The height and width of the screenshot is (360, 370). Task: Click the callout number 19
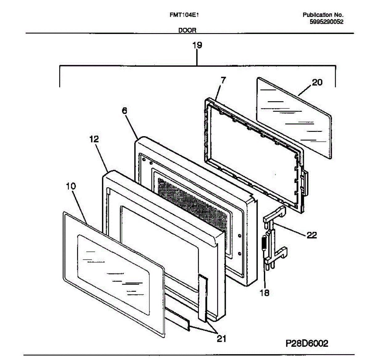(x=197, y=45)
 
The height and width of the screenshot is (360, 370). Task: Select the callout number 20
(x=317, y=82)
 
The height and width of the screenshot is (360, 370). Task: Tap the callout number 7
(x=223, y=80)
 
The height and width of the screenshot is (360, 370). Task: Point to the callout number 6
(x=124, y=111)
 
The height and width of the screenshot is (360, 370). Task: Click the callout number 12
(x=94, y=139)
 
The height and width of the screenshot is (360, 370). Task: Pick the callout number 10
(x=71, y=186)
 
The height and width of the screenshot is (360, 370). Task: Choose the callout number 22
(x=312, y=235)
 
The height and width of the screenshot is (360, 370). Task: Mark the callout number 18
(x=264, y=292)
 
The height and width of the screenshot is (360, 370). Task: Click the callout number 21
(x=221, y=339)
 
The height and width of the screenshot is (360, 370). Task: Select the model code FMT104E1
(x=184, y=15)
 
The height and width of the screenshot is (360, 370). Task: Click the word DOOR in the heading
(x=187, y=30)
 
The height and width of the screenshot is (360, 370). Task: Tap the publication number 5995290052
(x=327, y=22)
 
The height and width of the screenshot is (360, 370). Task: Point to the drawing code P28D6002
(x=307, y=343)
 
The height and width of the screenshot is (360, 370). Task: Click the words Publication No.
(x=323, y=15)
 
